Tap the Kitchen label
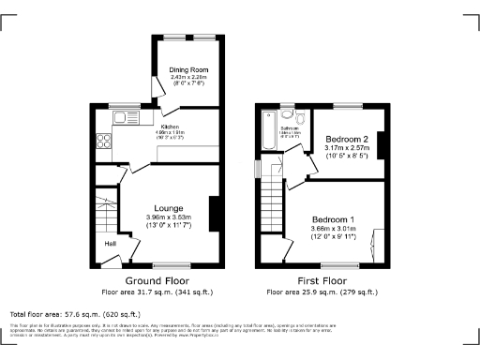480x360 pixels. (x=170, y=127)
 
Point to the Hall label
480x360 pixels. (x=111, y=244)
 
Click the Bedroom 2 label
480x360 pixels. (x=346, y=139)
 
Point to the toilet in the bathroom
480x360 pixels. (x=301, y=119)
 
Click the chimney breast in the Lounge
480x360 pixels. (x=215, y=212)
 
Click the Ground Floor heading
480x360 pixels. (x=157, y=280)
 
